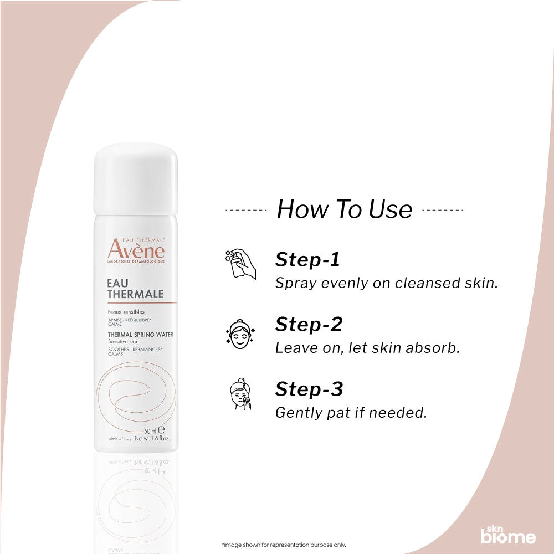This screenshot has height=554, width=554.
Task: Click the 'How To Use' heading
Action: [x=344, y=209]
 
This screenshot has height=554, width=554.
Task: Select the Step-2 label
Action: [x=309, y=324]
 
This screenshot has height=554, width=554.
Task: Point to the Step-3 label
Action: [x=309, y=389]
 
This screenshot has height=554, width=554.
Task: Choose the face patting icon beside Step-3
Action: [x=241, y=394]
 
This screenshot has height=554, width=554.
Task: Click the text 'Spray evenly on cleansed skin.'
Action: [x=387, y=283]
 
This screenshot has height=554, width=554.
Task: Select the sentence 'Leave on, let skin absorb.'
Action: [x=367, y=348]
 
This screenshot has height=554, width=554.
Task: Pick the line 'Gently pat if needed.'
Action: [x=351, y=413]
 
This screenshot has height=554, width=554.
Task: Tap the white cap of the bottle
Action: [x=136, y=178]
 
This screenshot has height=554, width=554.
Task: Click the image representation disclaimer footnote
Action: [x=283, y=545]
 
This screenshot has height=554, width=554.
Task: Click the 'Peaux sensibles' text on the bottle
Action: [x=126, y=312]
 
